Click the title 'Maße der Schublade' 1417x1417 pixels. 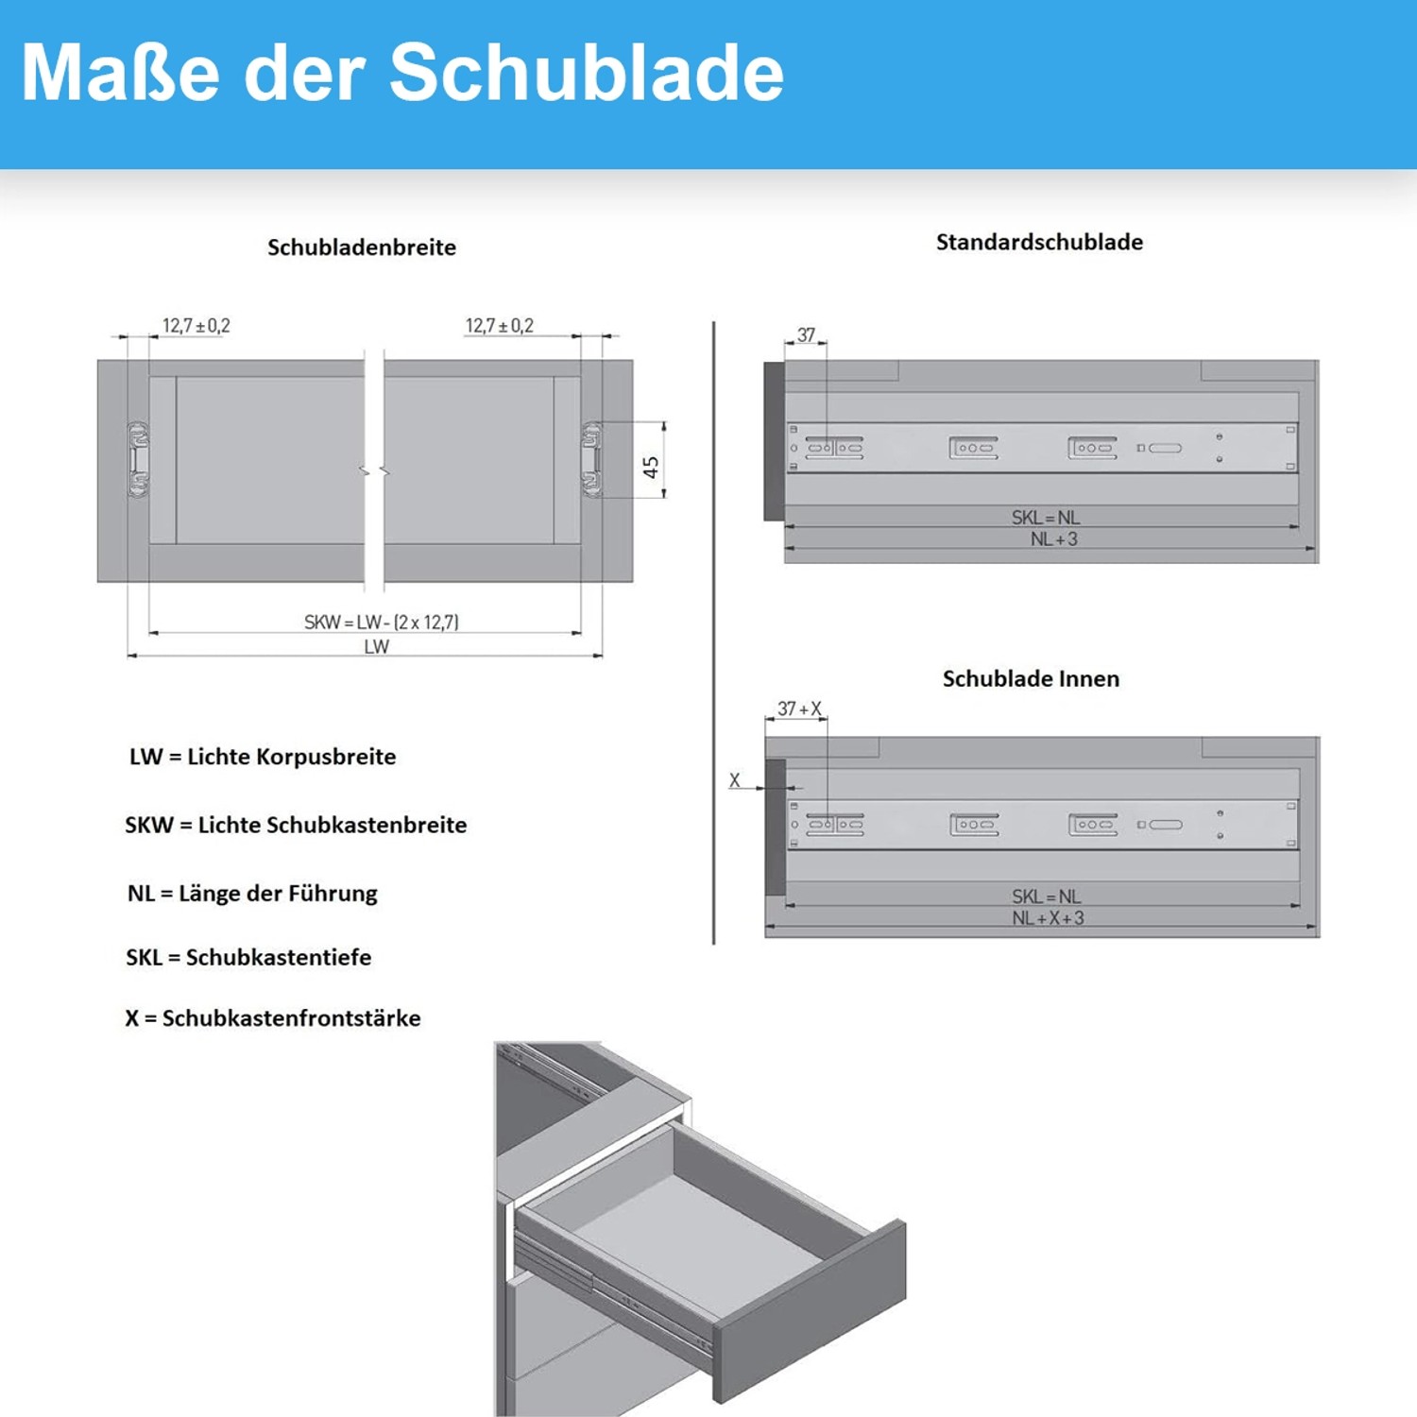[402, 74]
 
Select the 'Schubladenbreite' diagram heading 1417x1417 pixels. [362, 248]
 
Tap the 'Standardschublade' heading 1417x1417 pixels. [1039, 243]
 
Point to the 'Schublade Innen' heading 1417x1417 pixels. [1031, 679]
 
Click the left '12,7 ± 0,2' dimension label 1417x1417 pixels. [196, 326]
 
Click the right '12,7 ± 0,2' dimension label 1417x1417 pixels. [499, 326]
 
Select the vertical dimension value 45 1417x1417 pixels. [651, 468]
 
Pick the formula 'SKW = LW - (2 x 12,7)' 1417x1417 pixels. [381, 623]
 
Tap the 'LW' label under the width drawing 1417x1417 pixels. [376, 647]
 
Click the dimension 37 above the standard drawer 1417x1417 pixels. [806, 335]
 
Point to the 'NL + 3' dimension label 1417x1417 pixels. [1053, 539]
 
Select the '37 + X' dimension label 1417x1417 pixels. [799, 708]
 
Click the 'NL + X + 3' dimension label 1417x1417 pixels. [1048, 918]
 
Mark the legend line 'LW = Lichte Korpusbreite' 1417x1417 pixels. [263, 758]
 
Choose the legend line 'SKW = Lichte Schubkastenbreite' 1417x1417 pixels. [296, 826]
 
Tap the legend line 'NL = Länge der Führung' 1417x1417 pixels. [252, 894]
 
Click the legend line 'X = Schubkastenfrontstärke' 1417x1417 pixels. [273, 1018]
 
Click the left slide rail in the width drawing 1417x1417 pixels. [139, 460]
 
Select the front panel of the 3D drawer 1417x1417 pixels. [811, 1309]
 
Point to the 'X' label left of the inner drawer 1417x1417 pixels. [734, 781]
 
